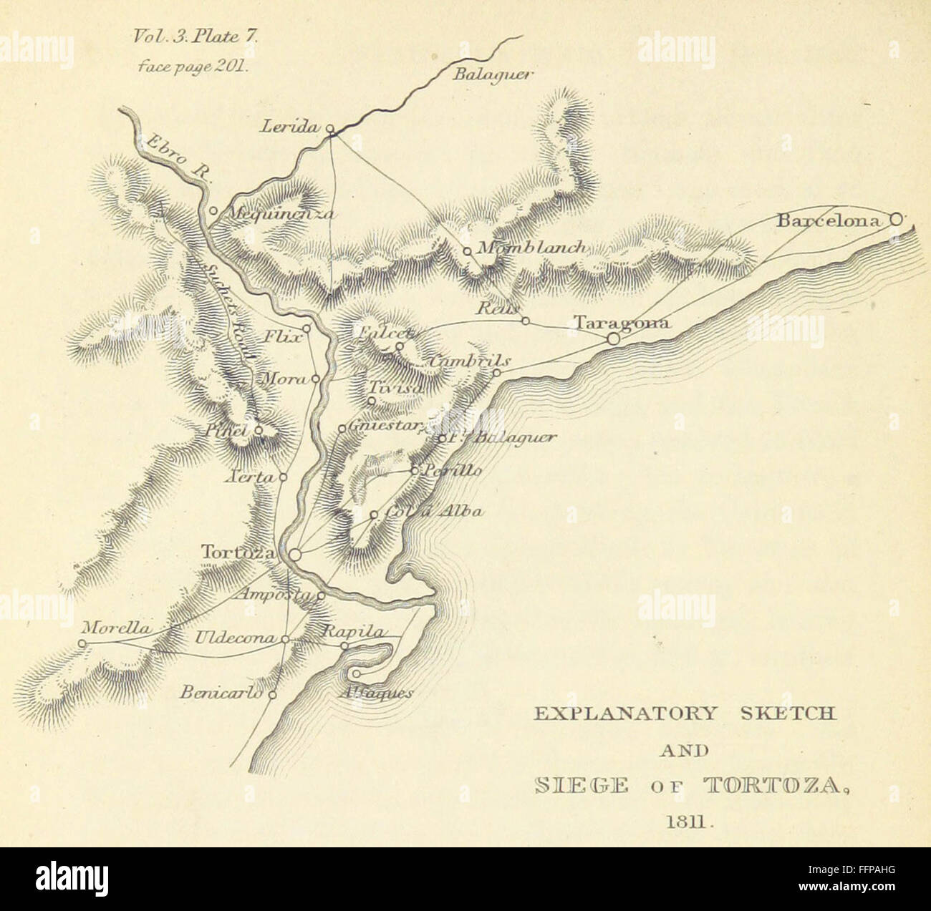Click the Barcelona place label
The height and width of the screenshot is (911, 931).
(x=829, y=221)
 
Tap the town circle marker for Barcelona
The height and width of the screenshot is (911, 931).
(x=895, y=220)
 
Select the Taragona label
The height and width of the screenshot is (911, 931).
(x=622, y=323)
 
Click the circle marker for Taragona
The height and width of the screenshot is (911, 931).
(x=614, y=338)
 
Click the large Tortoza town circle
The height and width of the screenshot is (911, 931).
(x=294, y=553)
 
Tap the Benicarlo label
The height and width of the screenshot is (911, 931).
(x=221, y=693)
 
